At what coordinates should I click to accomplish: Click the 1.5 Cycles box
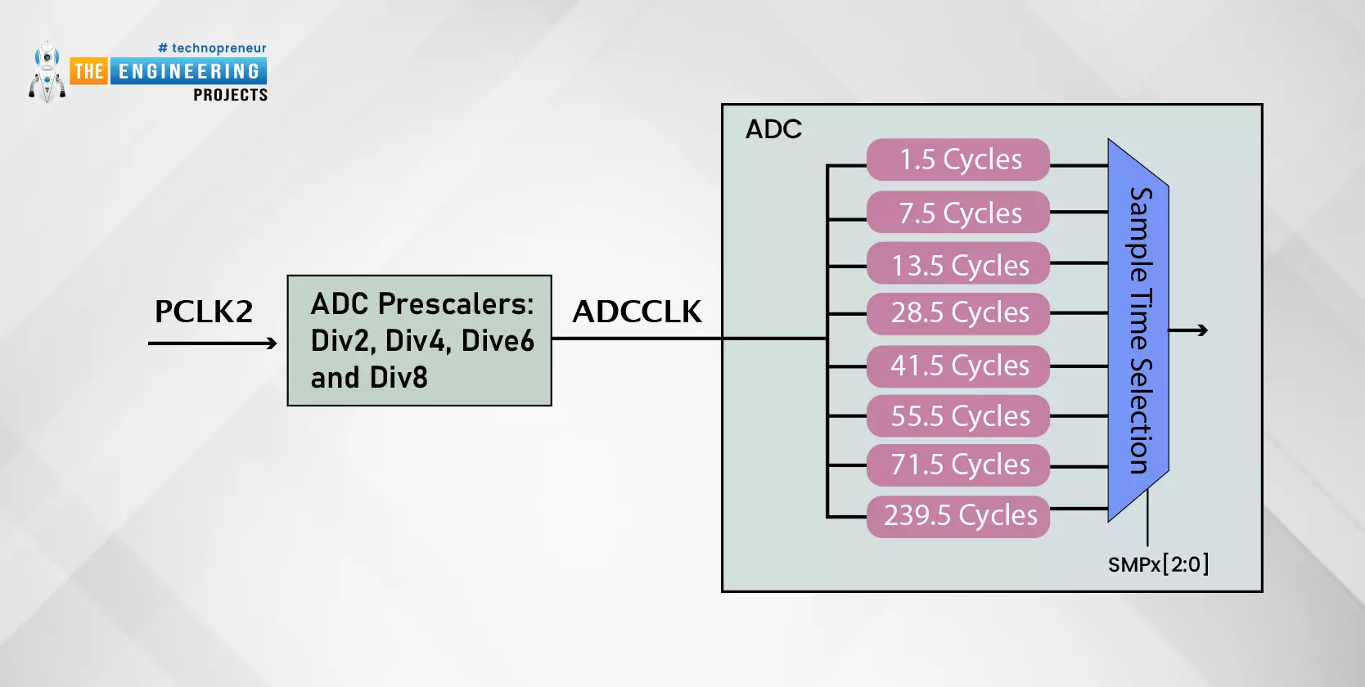click(958, 159)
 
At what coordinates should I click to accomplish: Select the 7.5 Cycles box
click(958, 213)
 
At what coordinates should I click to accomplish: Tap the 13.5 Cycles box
click(958, 264)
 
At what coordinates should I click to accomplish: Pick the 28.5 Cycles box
click(958, 313)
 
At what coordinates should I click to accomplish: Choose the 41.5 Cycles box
click(958, 366)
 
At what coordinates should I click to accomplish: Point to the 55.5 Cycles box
click(958, 416)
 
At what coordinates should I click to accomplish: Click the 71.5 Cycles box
click(958, 465)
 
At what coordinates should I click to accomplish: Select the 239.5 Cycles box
click(958, 516)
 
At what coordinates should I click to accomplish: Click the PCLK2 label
click(204, 312)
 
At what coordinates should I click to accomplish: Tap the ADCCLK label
click(637, 312)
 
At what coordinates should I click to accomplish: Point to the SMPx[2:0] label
click(1158, 564)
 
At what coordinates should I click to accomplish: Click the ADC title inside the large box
click(773, 129)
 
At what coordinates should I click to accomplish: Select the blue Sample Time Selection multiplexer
click(1138, 330)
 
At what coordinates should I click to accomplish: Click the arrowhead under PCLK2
click(271, 343)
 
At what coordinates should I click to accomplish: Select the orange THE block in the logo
click(88, 72)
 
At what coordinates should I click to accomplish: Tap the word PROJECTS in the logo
click(230, 96)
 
